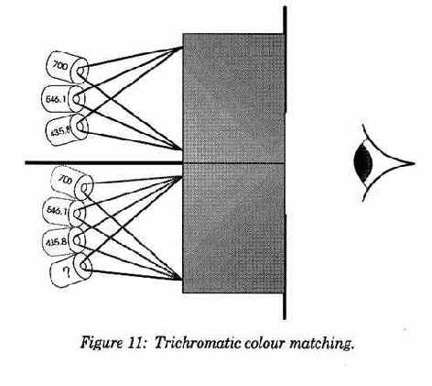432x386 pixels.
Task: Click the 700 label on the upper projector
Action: click(60, 65)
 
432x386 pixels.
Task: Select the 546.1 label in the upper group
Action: click(56, 99)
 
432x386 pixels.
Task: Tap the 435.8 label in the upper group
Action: click(60, 131)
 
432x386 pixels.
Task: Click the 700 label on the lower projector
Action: click(65, 180)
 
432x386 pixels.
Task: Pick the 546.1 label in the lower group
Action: click(57, 210)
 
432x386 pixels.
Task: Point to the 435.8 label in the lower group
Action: click(56, 242)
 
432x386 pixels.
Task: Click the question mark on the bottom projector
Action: click(67, 272)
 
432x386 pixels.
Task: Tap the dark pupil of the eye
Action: click(363, 163)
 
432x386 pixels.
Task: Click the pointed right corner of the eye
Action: click(415, 163)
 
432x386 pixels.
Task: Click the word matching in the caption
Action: click(321, 344)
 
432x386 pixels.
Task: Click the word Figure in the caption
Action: click(101, 344)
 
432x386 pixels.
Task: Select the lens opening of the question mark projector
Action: click(85, 266)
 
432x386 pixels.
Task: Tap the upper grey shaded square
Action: click(233, 97)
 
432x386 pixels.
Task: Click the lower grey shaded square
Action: click(233, 228)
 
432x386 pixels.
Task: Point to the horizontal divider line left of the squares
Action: click(103, 163)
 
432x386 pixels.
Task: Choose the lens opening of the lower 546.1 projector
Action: click(77, 213)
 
